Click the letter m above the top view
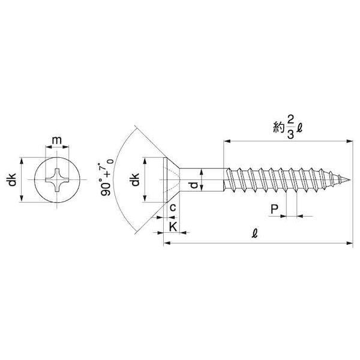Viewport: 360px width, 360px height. click(57, 140)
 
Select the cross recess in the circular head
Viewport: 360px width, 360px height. click(57, 180)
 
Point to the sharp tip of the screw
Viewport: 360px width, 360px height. click(350, 179)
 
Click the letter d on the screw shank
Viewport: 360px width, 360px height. click(194, 185)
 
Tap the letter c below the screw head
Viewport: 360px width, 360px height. click(173, 208)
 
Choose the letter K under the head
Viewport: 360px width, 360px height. click(173, 227)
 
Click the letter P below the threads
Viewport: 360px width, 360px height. click(274, 209)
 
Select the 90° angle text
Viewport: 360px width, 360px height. click(106, 186)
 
